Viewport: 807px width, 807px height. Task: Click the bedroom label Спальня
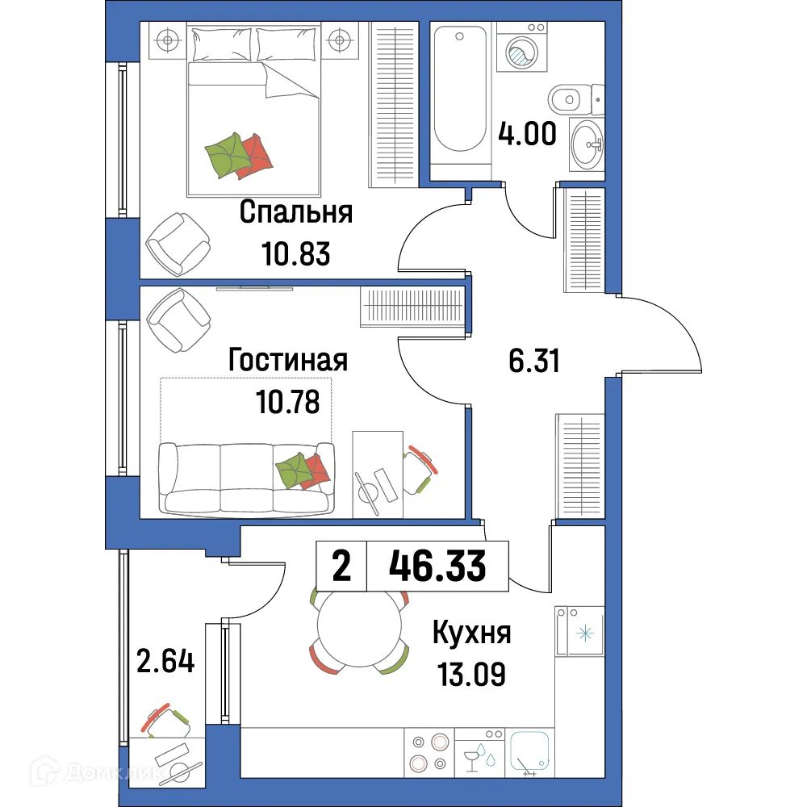point(296,214)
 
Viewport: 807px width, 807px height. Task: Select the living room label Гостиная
point(287,360)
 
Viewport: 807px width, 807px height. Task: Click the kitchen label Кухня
point(472,633)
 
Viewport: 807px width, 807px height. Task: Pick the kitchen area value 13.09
point(471,672)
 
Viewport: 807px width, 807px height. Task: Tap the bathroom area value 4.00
point(527,133)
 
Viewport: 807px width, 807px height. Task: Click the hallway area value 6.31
point(534,361)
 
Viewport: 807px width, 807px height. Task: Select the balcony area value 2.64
point(165,663)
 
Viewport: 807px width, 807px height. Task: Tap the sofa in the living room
point(246,478)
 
